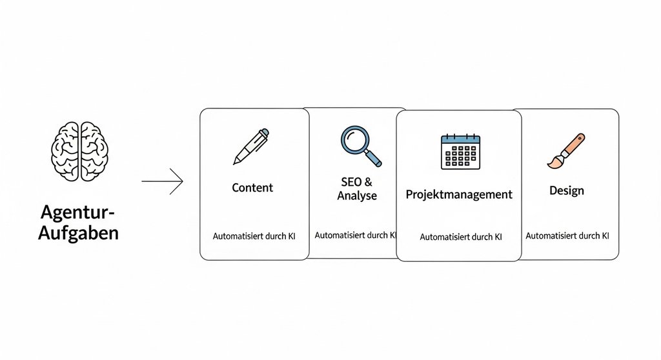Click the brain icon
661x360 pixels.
(x=79, y=151)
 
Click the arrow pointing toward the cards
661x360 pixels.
(x=162, y=181)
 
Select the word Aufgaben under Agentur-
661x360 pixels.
(x=78, y=233)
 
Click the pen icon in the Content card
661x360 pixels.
(x=251, y=146)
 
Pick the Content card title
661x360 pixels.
(x=252, y=188)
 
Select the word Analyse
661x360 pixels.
(x=357, y=195)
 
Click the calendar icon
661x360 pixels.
(x=460, y=152)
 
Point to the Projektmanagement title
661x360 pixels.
(x=459, y=194)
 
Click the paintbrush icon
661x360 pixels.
(x=565, y=151)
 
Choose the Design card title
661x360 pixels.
(x=567, y=191)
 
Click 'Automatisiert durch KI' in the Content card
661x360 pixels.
(x=254, y=237)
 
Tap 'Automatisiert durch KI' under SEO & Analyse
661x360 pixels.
(x=355, y=235)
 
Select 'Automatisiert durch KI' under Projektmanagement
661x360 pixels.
(x=461, y=237)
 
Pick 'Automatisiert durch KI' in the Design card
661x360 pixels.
(x=567, y=236)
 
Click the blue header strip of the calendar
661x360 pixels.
(x=460, y=139)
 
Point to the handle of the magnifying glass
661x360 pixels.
(x=374, y=157)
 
